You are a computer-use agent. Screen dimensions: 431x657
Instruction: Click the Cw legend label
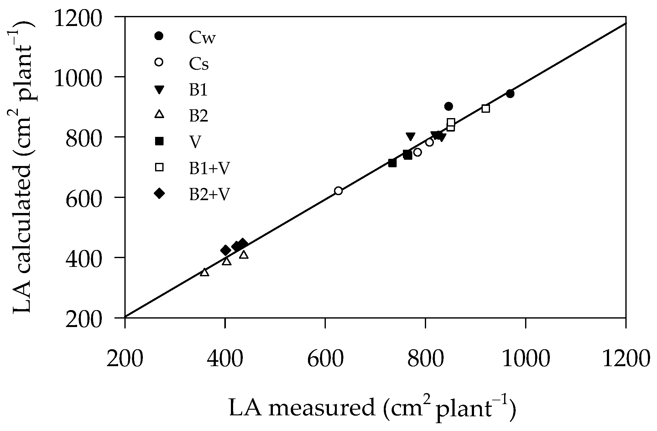pyautogui.click(x=202, y=39)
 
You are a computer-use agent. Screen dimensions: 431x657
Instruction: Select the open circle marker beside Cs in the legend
pyautogui.click(x=159, y=62)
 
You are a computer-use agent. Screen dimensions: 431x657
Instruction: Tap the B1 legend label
pyautogui.click(x=198, y=90)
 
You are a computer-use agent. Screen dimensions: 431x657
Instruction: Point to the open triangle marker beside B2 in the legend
pyautogui.click(x=159, y=114)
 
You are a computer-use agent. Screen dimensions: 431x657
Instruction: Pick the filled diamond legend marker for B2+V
pyautogui.click(x=159, y=194)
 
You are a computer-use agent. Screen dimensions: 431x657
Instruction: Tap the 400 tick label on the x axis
pyautogui.click(x=225, y=358)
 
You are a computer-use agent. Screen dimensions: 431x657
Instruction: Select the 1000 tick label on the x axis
pyautogui.click(x=526, y=358)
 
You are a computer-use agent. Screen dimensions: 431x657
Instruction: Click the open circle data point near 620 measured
pyautogui.click(x=338, y=191)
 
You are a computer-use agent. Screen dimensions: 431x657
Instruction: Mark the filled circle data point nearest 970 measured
pyautogui.click(x=510, y=94)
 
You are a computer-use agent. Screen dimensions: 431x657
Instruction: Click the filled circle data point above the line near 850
pyautogui.click(x=449, y=106)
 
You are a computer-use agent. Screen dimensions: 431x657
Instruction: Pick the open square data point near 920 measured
pyautogui.click(x=486, y=109)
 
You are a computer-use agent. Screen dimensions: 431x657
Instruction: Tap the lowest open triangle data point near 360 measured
pyautogui.click(x=205, y=272)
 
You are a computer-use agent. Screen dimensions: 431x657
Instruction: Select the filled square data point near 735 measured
pyautogui.click(x=392, y=163)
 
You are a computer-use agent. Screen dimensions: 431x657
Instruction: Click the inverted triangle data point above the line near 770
pyautogui.click(x=410, y=136)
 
